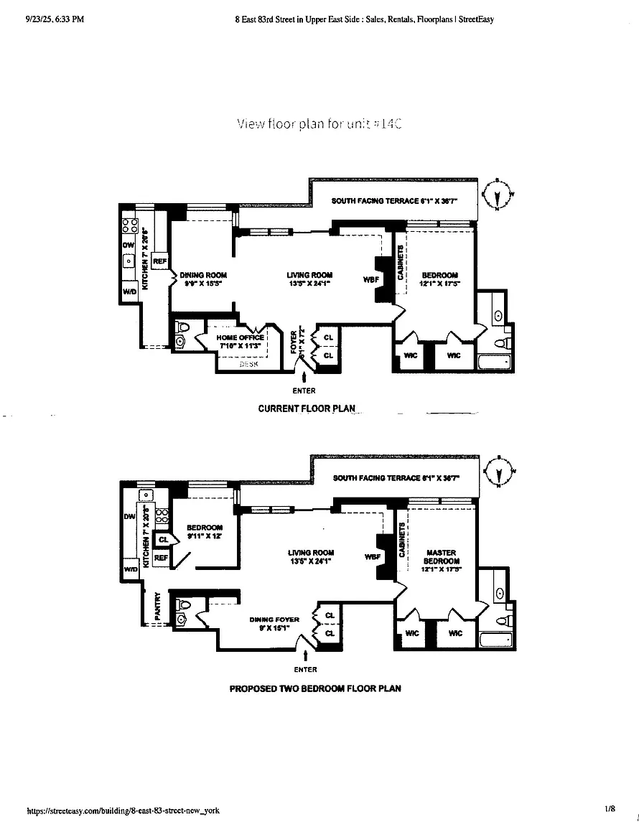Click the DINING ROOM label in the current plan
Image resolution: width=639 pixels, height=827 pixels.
(203, 275)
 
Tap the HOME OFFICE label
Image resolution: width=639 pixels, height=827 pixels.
(241, 337)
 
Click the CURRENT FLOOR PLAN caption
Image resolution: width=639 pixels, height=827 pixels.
(307, 408)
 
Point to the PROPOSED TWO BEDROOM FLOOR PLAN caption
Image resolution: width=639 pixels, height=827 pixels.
(314, 688)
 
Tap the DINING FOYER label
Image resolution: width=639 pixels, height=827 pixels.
(274, 620)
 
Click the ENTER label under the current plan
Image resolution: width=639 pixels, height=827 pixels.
(304, 391)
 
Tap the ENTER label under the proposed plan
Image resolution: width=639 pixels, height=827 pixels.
(305, 670)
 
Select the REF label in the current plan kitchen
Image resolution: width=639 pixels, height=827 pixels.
(159, 262)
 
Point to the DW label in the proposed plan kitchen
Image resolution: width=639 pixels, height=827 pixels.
(130, 516)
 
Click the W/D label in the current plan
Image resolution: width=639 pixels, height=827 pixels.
(130, 291)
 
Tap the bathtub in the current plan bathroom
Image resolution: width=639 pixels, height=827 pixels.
(495, 363)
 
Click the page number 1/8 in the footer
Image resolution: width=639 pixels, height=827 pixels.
(610, 809)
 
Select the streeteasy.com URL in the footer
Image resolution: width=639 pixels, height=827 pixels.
(123, 810)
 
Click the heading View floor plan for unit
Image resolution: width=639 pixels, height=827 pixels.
(319, 123)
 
